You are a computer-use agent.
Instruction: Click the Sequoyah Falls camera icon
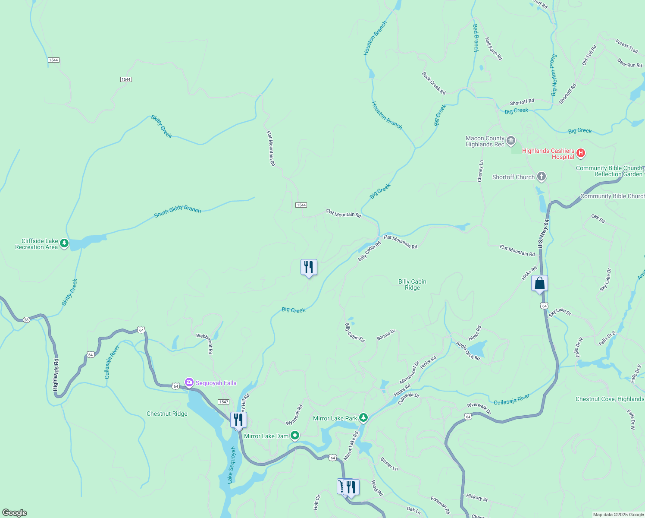189,382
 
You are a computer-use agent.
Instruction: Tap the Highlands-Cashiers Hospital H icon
581,153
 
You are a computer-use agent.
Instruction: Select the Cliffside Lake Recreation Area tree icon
64,244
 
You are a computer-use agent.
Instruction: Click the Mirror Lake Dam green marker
295,436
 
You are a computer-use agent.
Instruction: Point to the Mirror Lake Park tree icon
363,418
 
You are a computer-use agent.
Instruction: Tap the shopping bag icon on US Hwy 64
539,284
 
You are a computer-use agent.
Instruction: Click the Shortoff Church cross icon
542,177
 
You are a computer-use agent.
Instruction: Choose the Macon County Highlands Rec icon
511,141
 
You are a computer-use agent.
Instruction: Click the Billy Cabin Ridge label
412,284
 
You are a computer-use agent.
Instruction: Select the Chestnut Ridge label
167,414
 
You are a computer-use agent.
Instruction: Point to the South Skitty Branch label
178,211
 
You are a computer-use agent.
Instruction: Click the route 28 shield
26,319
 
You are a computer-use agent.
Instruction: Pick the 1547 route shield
223,402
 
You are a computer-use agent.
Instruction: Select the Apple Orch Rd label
468,351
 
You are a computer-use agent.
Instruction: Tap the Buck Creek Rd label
433,83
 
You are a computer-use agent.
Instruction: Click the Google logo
14,513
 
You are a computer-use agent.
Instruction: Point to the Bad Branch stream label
476,38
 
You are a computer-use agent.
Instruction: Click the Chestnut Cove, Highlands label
609,399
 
